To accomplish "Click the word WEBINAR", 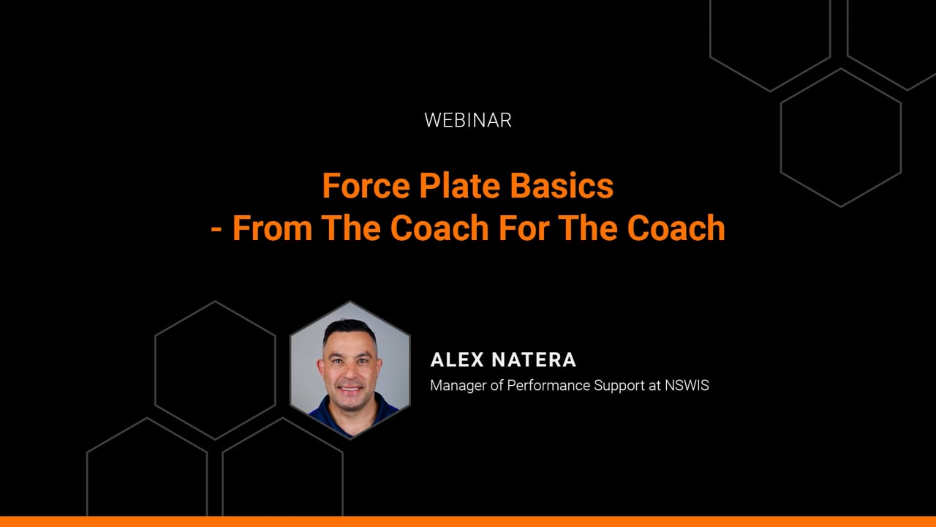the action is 467,120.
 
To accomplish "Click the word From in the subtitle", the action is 272,228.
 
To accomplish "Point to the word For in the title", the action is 524,228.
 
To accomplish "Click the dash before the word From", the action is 216,229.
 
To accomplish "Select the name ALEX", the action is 457,359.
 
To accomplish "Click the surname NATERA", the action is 534,359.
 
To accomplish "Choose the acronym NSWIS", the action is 687,385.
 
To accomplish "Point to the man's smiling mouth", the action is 350,389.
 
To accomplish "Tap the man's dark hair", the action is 350,329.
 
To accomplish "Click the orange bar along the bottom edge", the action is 468,522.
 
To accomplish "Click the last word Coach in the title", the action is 676,228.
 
